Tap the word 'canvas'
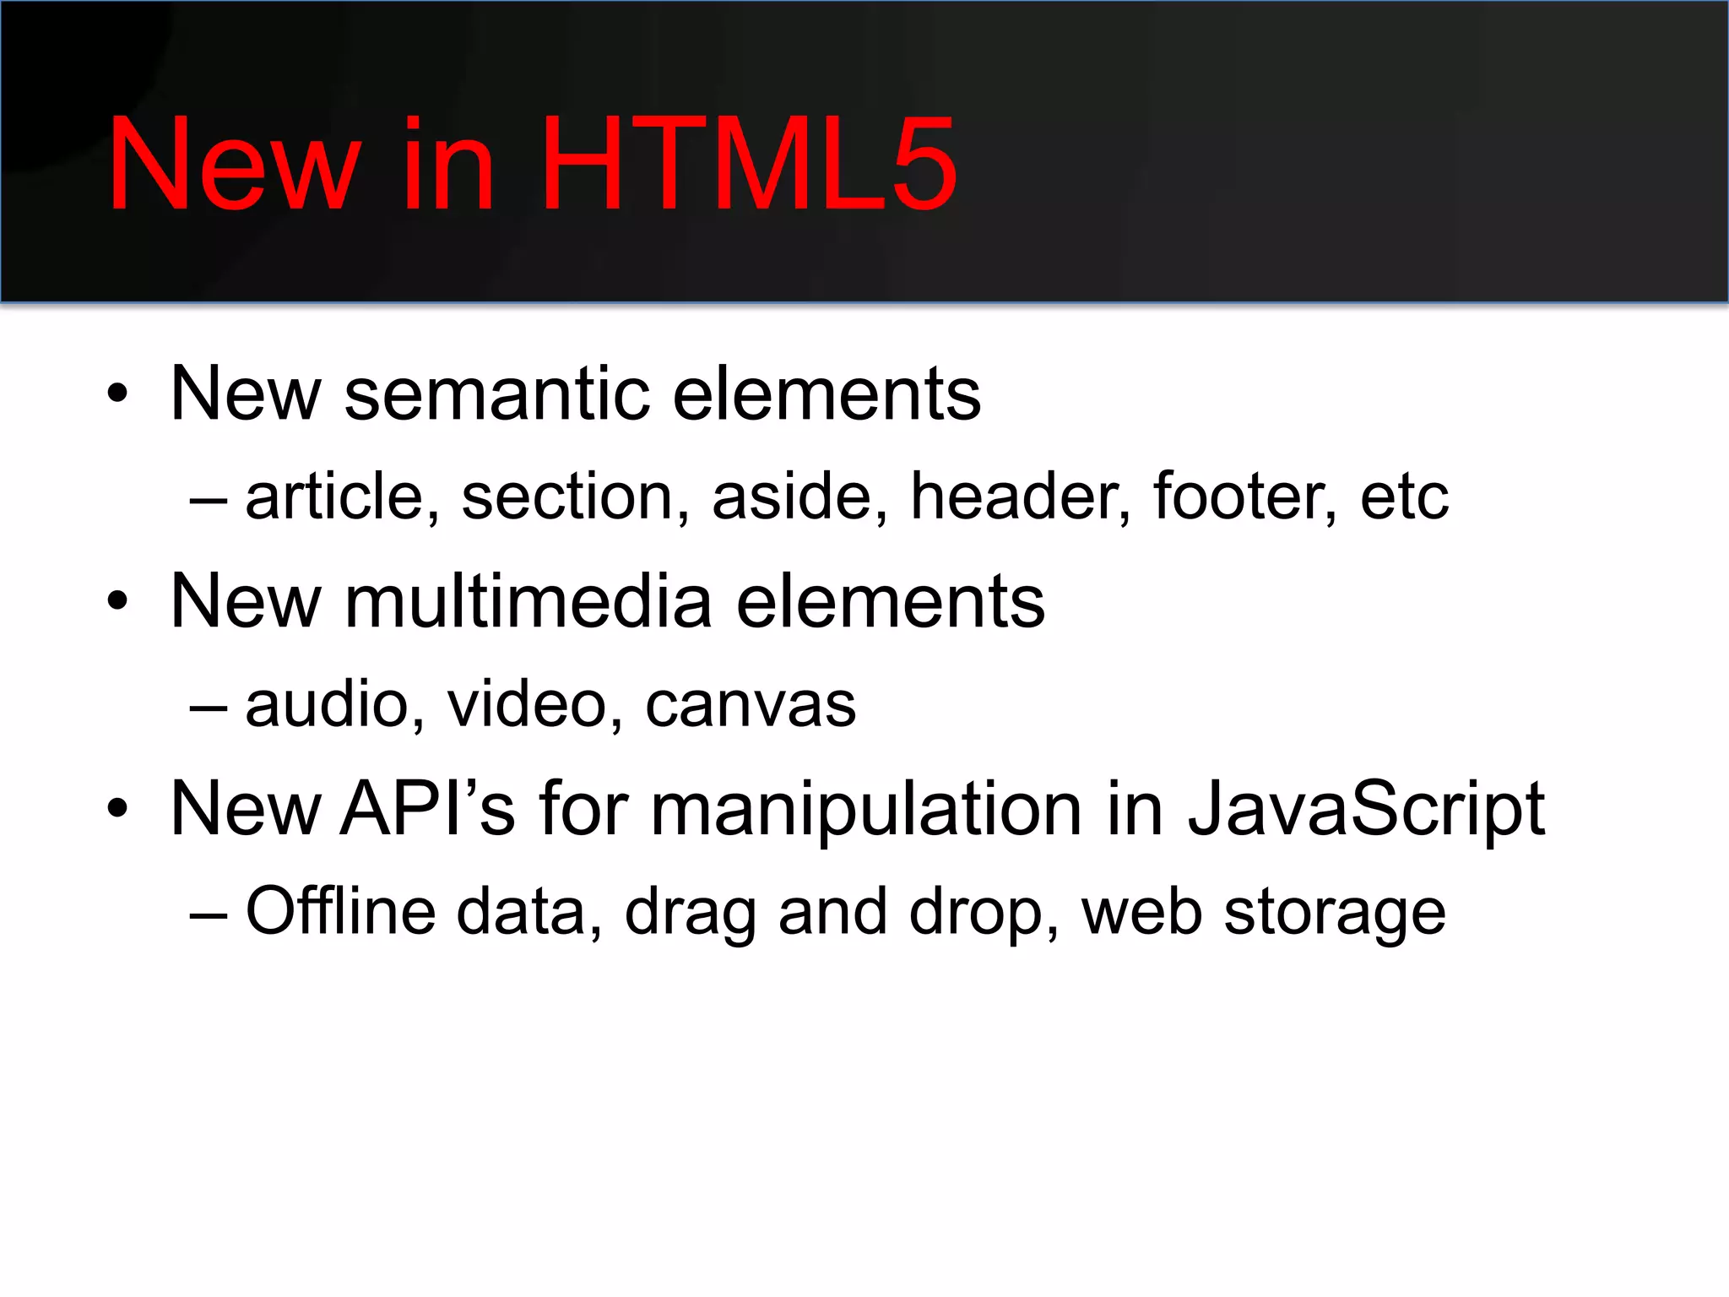click(x=751, y=706)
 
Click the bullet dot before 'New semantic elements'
click(x=118, y=394)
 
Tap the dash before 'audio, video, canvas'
click(x=208, y=706)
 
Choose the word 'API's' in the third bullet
click(x=426, y=809)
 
